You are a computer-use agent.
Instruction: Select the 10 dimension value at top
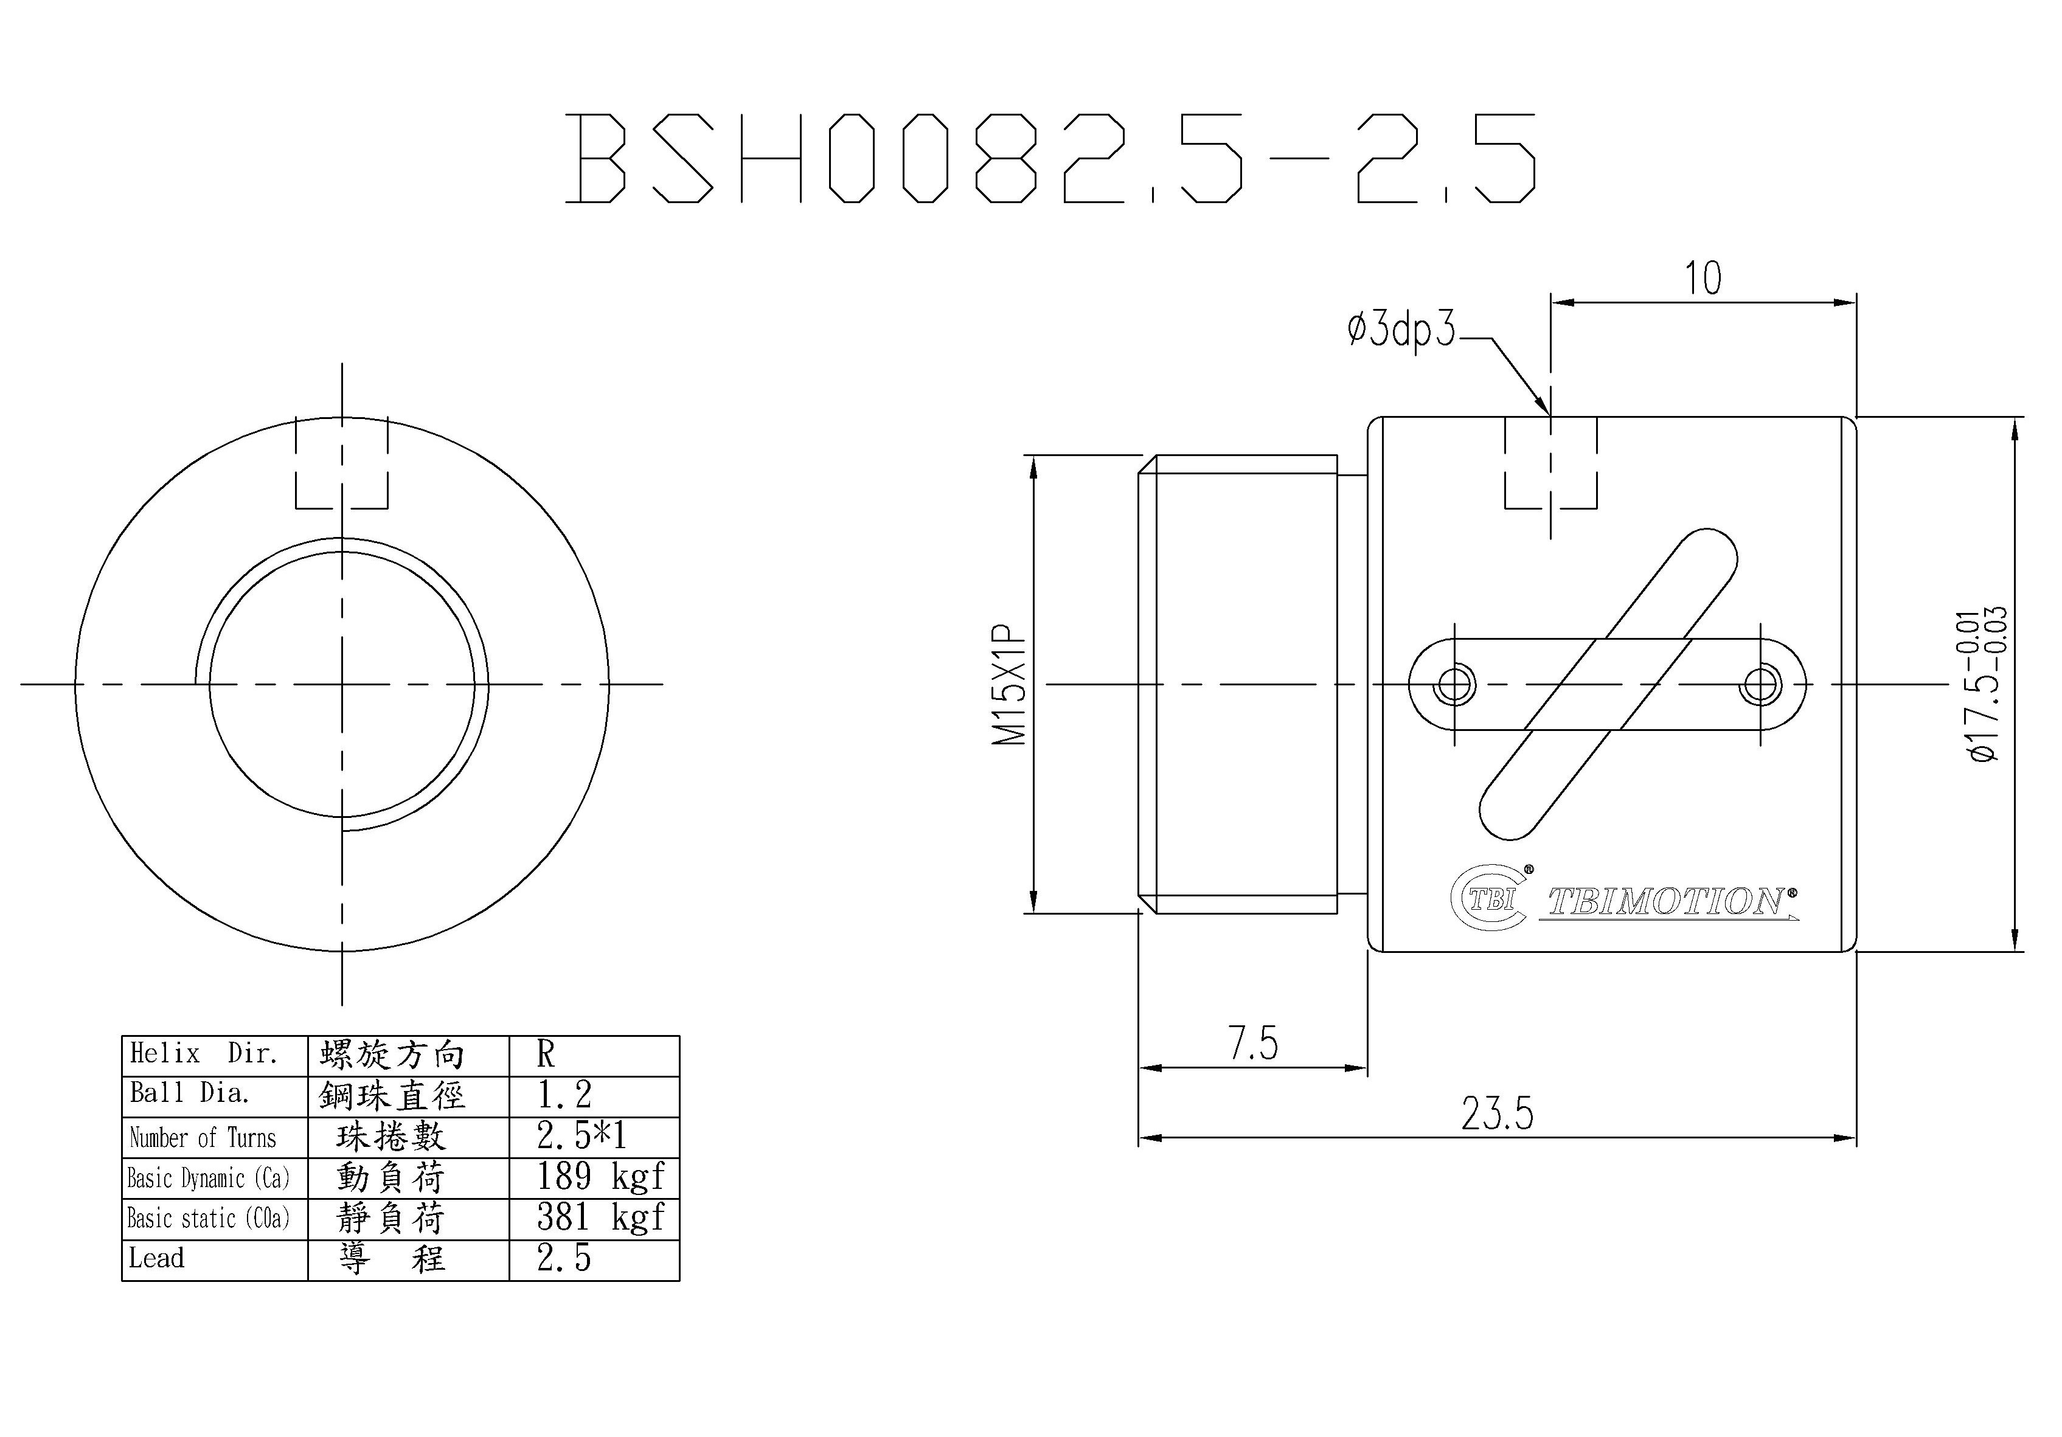pos(1703,279)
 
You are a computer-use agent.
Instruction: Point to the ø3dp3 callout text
pos(1401,330)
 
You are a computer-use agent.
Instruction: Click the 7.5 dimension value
pos(1253,1043)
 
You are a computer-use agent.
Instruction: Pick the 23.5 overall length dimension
pos(1497,1113)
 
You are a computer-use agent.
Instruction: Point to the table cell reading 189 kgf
pos(600,1177)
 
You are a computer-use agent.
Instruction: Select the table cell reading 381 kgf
pos(600,1218)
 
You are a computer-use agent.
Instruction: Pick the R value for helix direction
pos(546,1055)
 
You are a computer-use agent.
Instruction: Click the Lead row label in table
pos(156,1258)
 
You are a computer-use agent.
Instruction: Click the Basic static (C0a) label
pos(209,1219)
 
